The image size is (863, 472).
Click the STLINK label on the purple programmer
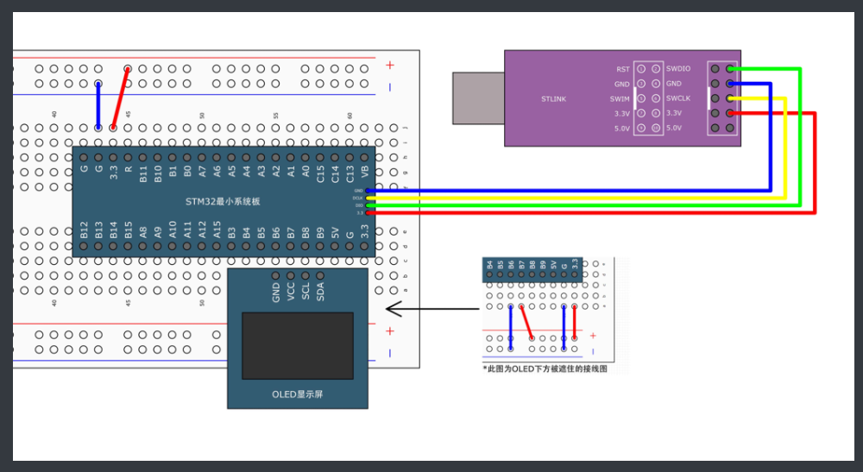[x=553, y=99]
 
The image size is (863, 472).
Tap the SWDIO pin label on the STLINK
[x=679, y=69]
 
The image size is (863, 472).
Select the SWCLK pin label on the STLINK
[x=679, y=98]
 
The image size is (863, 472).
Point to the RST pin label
[x=623, y=69]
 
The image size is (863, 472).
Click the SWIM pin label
[x=620, y=98]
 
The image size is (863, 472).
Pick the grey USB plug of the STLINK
[x=478, y=98]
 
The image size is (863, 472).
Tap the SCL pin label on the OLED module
[x=306, y=291]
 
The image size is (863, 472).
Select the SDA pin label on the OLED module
[x=320, y=291]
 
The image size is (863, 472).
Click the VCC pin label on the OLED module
[x=291, y=291]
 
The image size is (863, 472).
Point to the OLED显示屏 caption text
[x=298, y=394]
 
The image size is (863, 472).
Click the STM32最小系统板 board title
[x=223, y=202]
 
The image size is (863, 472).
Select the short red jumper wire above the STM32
[x=121, y=98]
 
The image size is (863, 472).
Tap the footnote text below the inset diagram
[x=545, y=368]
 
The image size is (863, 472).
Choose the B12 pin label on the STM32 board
[x=84, y=230]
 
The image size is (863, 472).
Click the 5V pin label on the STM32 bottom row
[x=335, y=230]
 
